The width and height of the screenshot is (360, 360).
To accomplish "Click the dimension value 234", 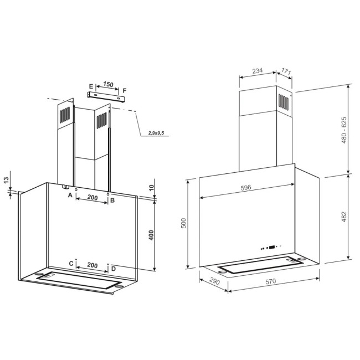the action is pos(257,70).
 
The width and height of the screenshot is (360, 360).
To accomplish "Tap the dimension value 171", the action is pos(286,71).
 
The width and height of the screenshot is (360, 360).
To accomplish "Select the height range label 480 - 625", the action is pos(344,130).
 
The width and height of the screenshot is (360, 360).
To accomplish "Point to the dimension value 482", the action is pos(344,217).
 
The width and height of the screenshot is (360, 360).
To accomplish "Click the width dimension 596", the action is pos(246,188).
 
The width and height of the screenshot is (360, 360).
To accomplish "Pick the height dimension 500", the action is pos(184,223).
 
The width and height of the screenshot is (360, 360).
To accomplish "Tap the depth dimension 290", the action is pos(214,281).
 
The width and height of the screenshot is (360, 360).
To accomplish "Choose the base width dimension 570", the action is pos(270,281).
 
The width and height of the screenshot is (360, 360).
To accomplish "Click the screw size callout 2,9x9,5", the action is pos(156,133).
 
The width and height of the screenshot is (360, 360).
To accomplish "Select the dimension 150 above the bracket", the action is pos(108,84).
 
